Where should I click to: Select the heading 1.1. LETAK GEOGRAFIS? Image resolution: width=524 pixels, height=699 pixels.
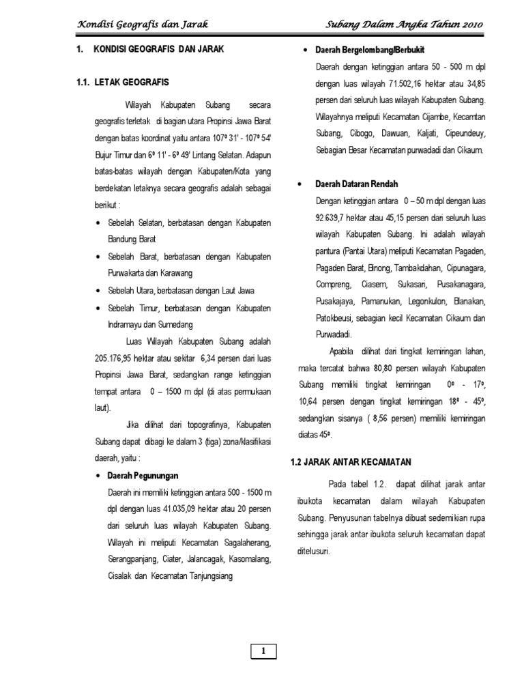[123, 83]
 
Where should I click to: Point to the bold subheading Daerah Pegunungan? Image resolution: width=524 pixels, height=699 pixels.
[143, 475]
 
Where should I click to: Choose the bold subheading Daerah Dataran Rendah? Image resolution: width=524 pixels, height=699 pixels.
[357, 184]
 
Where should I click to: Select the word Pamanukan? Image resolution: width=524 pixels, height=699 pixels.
[373, 301]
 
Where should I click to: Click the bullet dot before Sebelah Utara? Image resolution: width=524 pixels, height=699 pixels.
[100, 291]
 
